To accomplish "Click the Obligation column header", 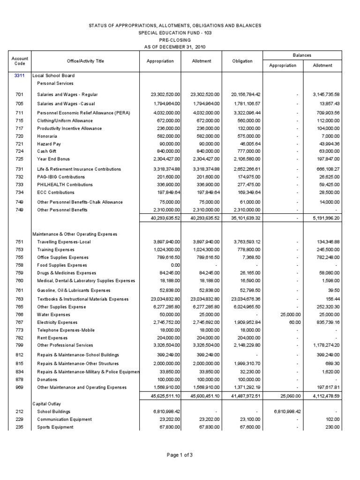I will click(x=242, y=61).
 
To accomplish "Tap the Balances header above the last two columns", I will click(x=302, y=55).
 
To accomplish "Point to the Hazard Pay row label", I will click(x=49, y=144).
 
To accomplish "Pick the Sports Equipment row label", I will click(x=55, y=427).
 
